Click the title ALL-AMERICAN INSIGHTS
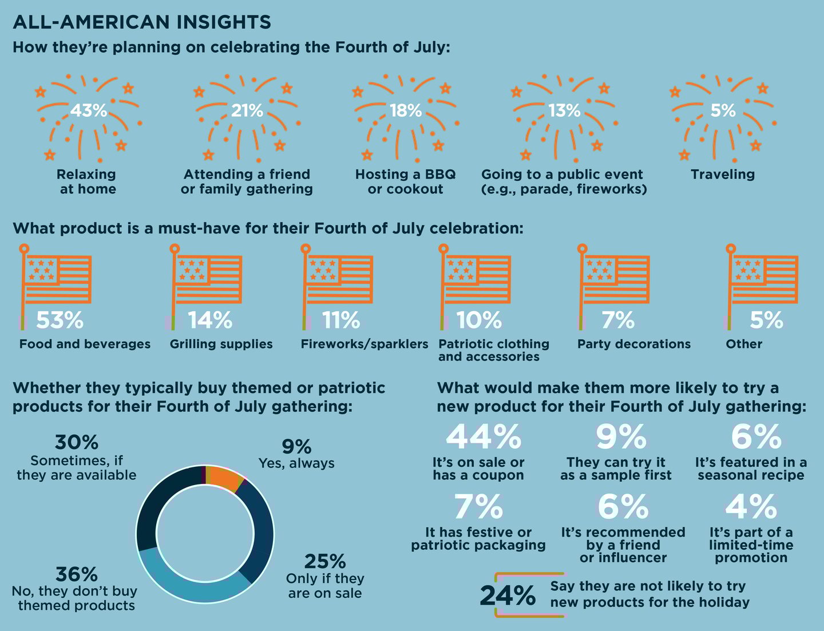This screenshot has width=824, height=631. tap(141, 22)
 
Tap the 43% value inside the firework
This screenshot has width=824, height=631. tap(89, 110)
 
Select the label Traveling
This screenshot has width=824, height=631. tap(722, 174)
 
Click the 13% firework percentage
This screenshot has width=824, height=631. tap(564, 110)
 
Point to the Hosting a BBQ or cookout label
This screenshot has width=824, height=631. tap(405, 182)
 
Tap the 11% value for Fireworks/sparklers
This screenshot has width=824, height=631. tap(341, 320)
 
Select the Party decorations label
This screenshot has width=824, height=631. tap(633, 344)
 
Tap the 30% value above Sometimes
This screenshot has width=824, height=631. tap(77, 442)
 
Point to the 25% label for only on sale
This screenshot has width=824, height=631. tap(325, 561)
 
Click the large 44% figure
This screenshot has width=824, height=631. tap(483, 437)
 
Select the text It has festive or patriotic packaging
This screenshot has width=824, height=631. tap(478, 539)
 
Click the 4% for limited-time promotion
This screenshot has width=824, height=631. tap(751, 506)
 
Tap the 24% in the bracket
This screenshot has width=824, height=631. tap(508, 596)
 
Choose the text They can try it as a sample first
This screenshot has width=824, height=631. tap(616, 469)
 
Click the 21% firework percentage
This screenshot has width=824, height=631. tap(247, 110)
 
